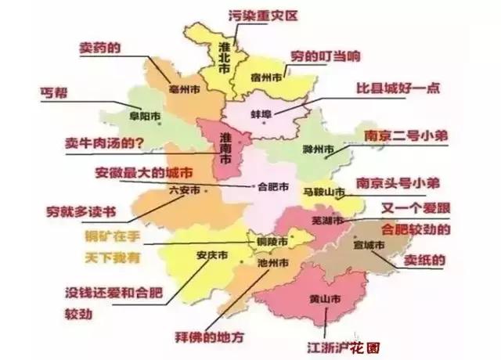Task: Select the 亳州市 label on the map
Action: tap(186, 88)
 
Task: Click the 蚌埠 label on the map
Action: tap(261, 114)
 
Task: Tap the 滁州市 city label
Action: tap(319, 148)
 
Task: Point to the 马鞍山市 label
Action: tap(323, 192)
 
